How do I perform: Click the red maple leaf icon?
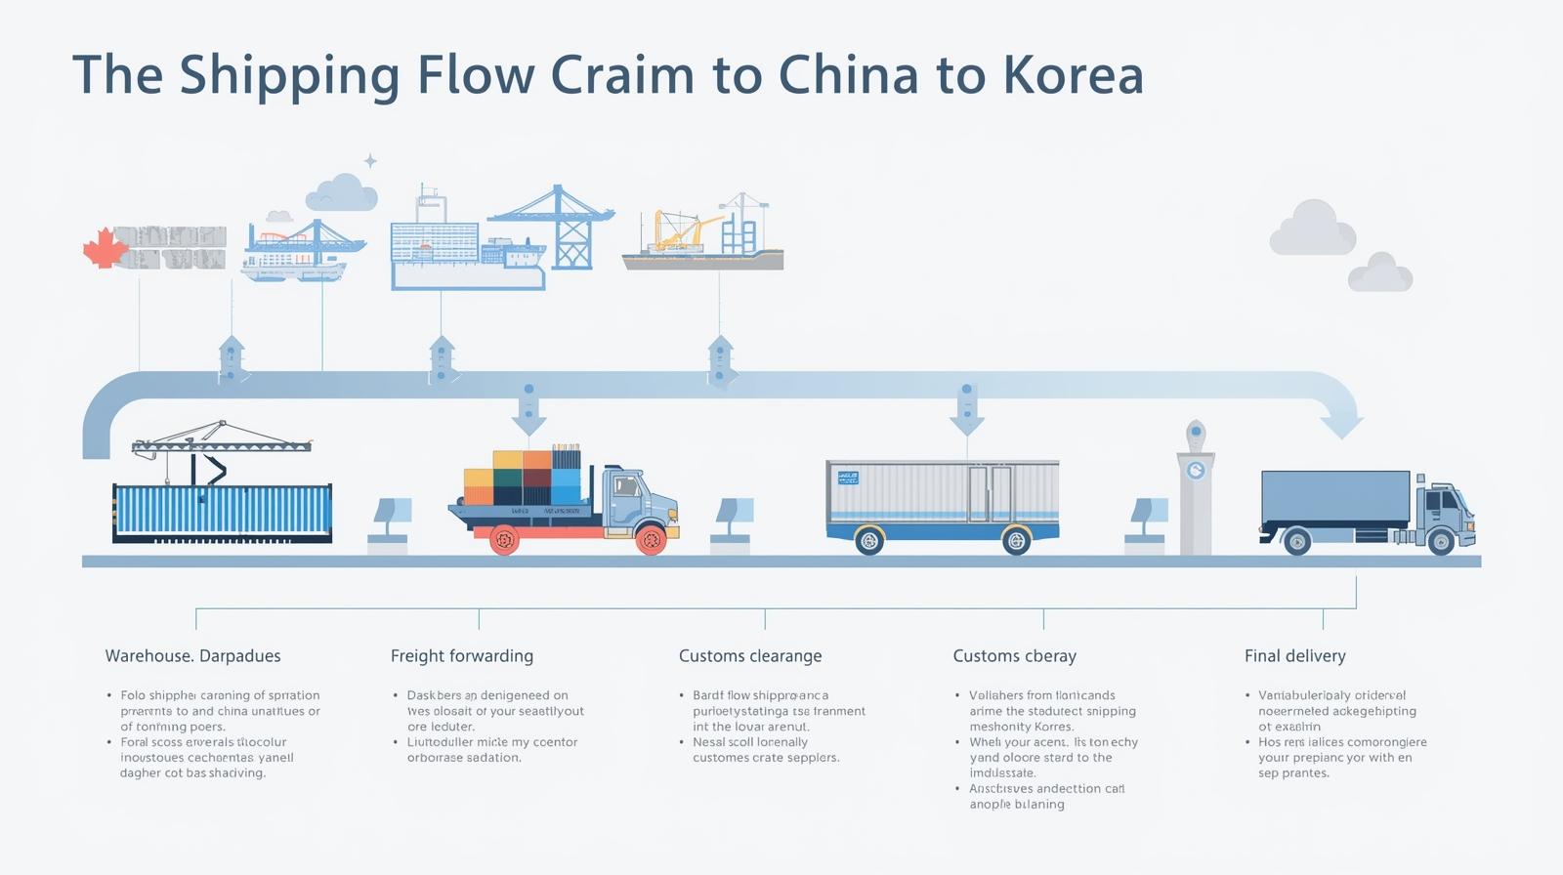[x=105, y=248]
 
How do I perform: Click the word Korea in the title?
[x=1074, y=75]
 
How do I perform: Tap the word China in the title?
[x=849, y=75]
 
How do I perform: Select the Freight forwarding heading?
[x=462, y=656]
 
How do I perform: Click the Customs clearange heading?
[x=750, y=656]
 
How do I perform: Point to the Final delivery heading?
[x=1294, y=656]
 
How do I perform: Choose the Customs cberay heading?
[x=1014, y=656]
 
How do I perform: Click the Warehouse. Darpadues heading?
[x=192, y=656]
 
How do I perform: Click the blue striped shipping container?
[x=223, y=510]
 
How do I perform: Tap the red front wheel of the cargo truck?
[x=650, y=538]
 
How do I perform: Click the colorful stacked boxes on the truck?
[x=522, y=478]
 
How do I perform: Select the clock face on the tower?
[x=1196, y=471]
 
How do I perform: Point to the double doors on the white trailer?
[x=989, y=493]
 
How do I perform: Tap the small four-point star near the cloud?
[x=370, y=160]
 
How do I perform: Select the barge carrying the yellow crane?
[x=702, y=258]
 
